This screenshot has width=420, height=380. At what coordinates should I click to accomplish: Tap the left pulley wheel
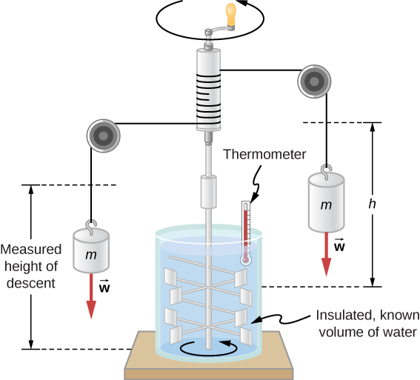[x=104, y=134]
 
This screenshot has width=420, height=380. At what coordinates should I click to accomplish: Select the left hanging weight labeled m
[x=91, y=253]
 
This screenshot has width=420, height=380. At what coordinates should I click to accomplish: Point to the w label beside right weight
[x=339, y=247]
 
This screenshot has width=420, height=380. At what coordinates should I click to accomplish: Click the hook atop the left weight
[x=91, y=224]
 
